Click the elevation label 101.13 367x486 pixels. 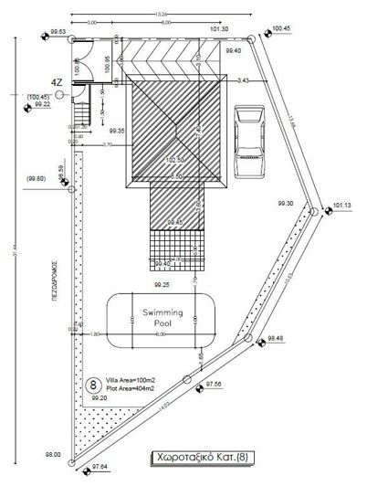(x=343, y=206)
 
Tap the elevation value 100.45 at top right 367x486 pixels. (x=282, y=28)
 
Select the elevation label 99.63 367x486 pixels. (x=59, y=31)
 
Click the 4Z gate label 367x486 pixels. (x=57, y=82)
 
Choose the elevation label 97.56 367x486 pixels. (x=212, y=385)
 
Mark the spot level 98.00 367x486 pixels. (x=52, y=453)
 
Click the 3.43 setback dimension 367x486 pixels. (x=242, y=81)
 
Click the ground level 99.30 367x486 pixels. (x=285, y=203)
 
